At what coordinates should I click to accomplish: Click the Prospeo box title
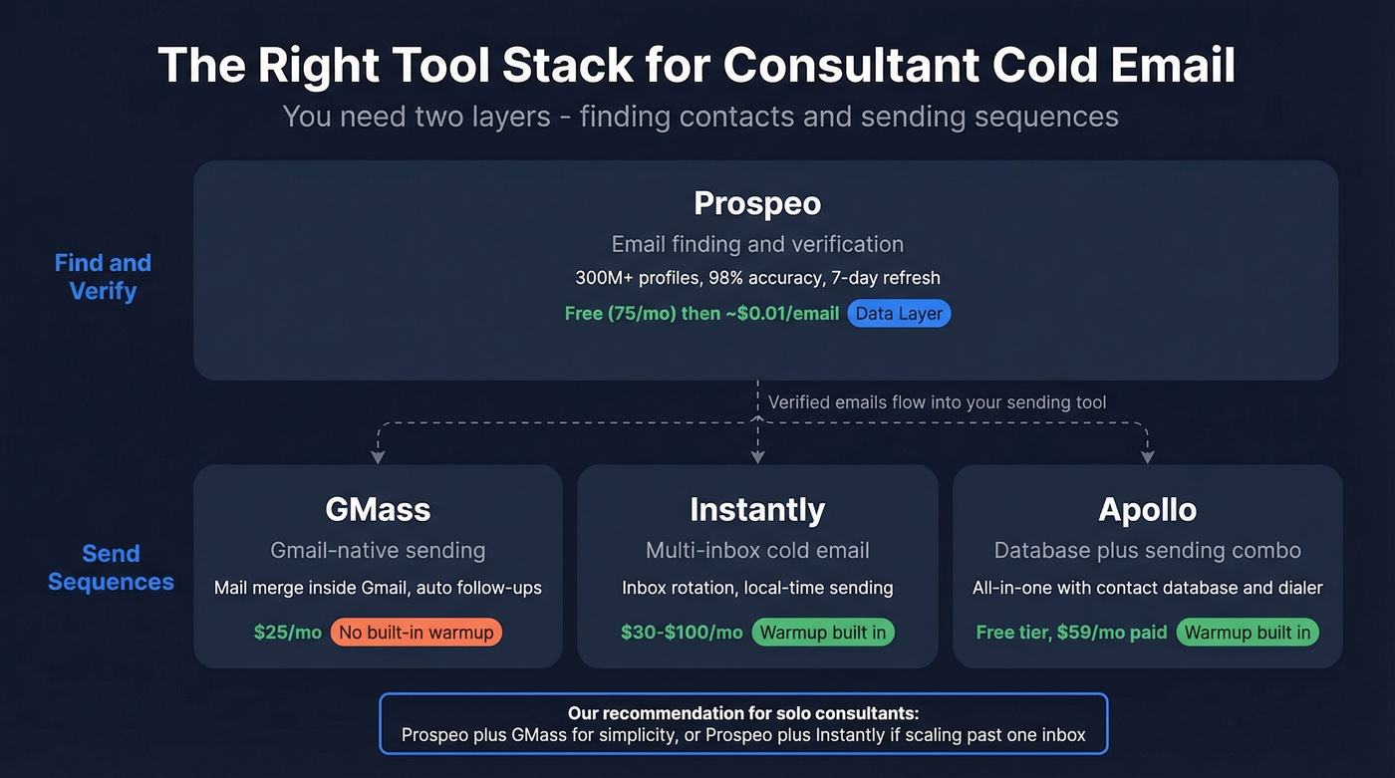coord(757,203)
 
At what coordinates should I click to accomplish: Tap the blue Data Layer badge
coord(900,314)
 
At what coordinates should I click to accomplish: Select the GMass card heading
coord(378,509)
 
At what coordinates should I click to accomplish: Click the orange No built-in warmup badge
coord(417,633)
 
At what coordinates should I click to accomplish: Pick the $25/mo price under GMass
coord(288,633)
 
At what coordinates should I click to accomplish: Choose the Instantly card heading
coord(757,509)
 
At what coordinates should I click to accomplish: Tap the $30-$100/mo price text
coord(682,633)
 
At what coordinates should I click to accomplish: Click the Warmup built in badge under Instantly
coord(823,633)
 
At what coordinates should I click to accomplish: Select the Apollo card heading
coord(1147,509)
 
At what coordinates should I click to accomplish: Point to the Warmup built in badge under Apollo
coord(1248,633)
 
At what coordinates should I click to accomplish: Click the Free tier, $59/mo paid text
coord(1071,633)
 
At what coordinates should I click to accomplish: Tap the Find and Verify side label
coord(103,277)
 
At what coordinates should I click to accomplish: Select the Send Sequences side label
coord(111,568)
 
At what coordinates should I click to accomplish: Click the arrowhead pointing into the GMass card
coord(378,457)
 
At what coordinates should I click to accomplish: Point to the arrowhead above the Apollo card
coord(1147,457)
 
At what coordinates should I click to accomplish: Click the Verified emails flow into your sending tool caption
coord(937,402)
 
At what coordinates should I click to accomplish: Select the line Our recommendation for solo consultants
coord(743,713)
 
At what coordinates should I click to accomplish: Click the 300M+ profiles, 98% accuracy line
coord(757,278)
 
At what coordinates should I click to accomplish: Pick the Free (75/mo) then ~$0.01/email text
coord(701,314)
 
